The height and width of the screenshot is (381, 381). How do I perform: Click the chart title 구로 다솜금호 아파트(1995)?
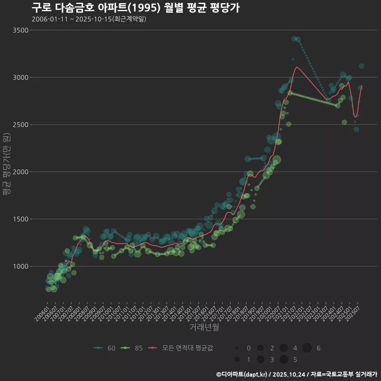[135, 8]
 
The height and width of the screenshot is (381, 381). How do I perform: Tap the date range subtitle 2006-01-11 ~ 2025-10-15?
[89, 19]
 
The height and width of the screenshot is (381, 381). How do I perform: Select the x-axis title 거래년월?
[204, 327]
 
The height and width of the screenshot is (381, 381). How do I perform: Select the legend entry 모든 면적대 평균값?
[181, 348]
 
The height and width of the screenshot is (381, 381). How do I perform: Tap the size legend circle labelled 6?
[307, 348]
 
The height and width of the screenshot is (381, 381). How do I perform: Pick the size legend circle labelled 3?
[260, 360]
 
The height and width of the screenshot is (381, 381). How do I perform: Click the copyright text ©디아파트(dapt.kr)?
[243, 374]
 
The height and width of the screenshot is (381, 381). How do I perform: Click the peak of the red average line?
[297, 67]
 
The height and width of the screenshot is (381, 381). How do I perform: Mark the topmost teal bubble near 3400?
[294, 38]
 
